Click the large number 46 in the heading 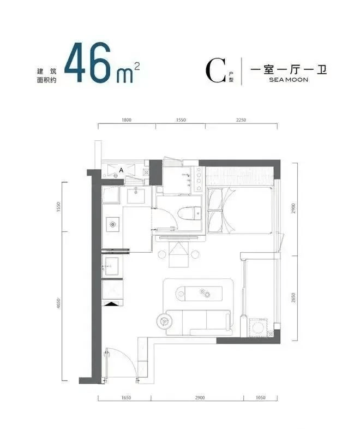[x=87, y=62]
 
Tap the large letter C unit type [x=216, y=70]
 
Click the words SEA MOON [x=289, y=80]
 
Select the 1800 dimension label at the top [x=127, y=120]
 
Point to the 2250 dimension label [x=241, y=120]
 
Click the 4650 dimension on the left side [x=58, y=303]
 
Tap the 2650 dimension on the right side [x=293, y=297]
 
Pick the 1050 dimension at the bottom [x=261, y=397]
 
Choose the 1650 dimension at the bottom [x=126, y=397]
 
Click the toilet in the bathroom [x=189, y=213]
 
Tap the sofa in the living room [x=199, y=323]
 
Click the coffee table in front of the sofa [x=199, y=293]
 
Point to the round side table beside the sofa [x=165, y=321]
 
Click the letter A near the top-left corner [x=121, y=170]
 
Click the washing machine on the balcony [x=257, y=327]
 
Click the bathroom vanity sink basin [x=136, y=194]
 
